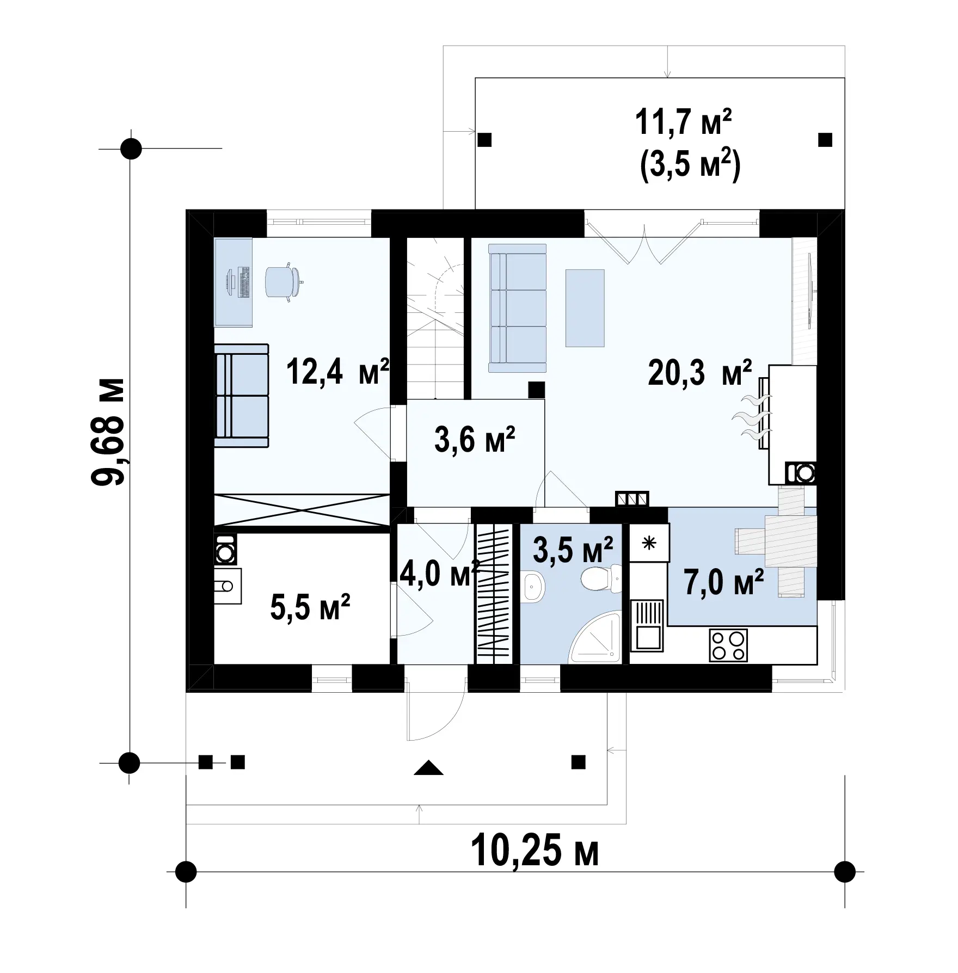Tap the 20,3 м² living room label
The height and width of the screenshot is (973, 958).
pyautogui.click(x=700, y=372)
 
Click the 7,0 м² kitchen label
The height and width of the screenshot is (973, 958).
pyautogui.click(x=724, y=583)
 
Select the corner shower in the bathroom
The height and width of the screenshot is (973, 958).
pyautogui.click(x=595, y=639)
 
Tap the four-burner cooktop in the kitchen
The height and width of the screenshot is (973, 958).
pyautogui.click(x=728, y=645)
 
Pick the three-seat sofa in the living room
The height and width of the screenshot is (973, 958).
pyautogui.click(x=518, y=308)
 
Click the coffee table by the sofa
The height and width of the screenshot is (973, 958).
pyautogui.click(x=585, y=308)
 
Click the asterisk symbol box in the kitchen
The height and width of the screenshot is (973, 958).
pyautogui.click(x=649, y=543)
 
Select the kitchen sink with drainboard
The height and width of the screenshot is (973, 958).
pyautogui.click(x=647, y=625)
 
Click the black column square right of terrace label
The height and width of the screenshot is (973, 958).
pyautogui.click(x=825, y=140)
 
